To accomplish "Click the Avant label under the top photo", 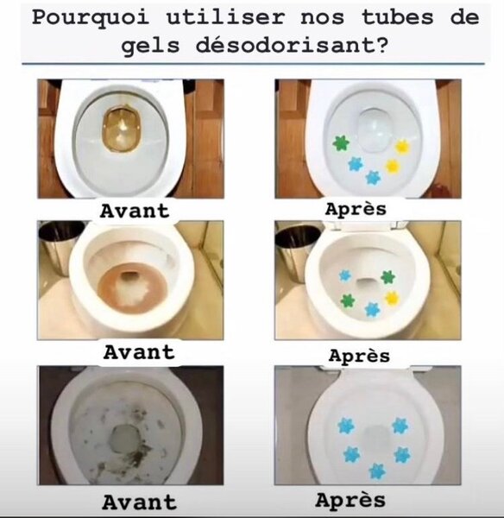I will point(135,210).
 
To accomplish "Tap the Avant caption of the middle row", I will point(138,351).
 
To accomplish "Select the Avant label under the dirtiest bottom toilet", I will point(138,502).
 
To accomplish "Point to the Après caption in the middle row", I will point(359,355).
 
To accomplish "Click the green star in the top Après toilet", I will point(339,143).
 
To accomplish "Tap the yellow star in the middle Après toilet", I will point(391,298).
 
